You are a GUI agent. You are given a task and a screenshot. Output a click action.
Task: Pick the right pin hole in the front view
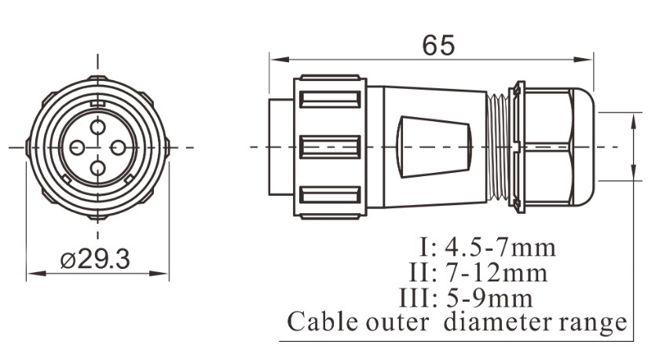pyautogui.click(x=117, y=147)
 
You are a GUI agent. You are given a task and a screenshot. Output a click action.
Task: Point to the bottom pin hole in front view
pyautogui.click(x=97, y=167)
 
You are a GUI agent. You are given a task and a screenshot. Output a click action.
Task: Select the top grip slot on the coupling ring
pyautogui.click(x=330, y=101)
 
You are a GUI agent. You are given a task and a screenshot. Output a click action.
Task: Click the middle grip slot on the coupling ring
pyautogui.click(x=330, y=147)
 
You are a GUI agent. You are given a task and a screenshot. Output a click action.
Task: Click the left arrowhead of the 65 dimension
pyautogui.click(x=275, y=60)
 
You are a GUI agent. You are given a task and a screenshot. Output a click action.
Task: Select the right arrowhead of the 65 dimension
pyautogui.click(x=588, y=60)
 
